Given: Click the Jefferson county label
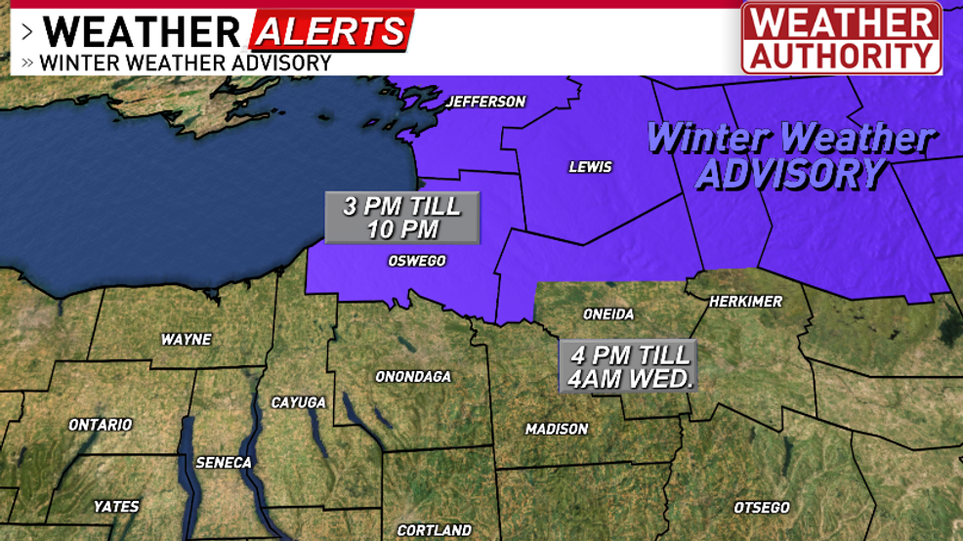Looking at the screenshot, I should (x=485, y=102).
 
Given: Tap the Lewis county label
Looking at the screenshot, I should (x=590, y=167).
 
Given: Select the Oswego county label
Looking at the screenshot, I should (x=417, y=261).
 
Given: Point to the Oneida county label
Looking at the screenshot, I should (x=608, y=313).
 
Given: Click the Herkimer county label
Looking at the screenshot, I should (x=745, y=301).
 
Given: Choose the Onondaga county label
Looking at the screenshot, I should (x=413, y=376).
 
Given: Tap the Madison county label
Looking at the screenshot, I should (x=557, y=429).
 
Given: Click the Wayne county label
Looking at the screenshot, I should (x=186, y=340).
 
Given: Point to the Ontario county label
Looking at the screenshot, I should (x=100, y=425).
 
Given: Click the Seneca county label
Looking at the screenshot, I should (x=224, y=462).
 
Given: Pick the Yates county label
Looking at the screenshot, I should (x=116, y=506).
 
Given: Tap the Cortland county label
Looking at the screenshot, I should (x=434, y=530).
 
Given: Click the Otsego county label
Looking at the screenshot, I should (x=762, y=508).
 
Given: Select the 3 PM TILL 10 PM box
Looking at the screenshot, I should (x=402, y=218).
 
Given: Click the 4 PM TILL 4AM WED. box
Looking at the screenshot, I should (x=627, y=365).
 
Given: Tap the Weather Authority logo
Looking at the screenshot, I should (x=841, y=38).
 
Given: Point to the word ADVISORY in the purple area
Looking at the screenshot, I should (x=790, y=174).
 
